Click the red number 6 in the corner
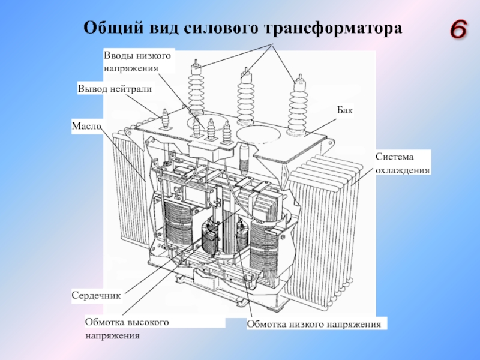[x=458, y=29]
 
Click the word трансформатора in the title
[x=333, y=28]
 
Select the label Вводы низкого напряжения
[x=137, y=62]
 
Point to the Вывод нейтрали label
[x=115, y=89]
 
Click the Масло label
[x=86, y=126]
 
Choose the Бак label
[x=345, y=110]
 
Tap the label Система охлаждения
[x=403, y=163]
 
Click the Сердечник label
[x=97, y=295]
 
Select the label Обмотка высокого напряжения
[x=127, y=329]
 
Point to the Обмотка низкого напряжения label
[x=314, y=324]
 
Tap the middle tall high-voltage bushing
[x=246, y=97]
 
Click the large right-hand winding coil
[x=266, y=245]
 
